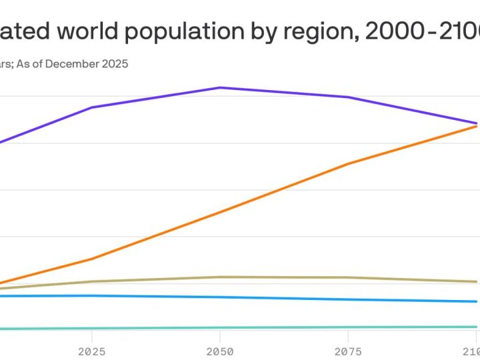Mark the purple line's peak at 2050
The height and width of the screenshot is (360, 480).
[x=220, y=87]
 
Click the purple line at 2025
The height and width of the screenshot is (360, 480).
[x=91, y=107]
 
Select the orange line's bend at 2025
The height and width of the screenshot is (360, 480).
[x=91, y=259]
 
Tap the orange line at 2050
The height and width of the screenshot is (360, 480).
[x=220, y=213]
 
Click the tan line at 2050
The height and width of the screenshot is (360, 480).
[x=220, y=277]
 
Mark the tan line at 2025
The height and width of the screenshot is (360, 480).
[x=91, y=281]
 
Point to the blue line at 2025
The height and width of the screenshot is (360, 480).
[x=91, y=295]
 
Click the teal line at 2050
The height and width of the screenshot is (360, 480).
[x=220, y=328]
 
